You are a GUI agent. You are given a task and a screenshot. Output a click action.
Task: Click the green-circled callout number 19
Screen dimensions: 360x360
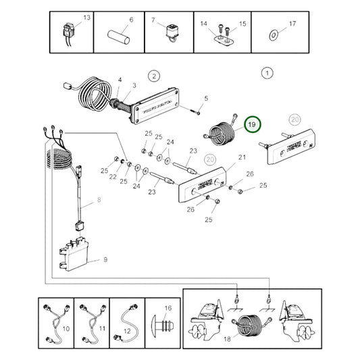(x=252, y=125)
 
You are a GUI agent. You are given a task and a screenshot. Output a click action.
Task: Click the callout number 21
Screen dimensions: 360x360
(x=224, y=158)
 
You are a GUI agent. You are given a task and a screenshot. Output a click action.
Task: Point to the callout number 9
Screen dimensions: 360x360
(x=104, y=259)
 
